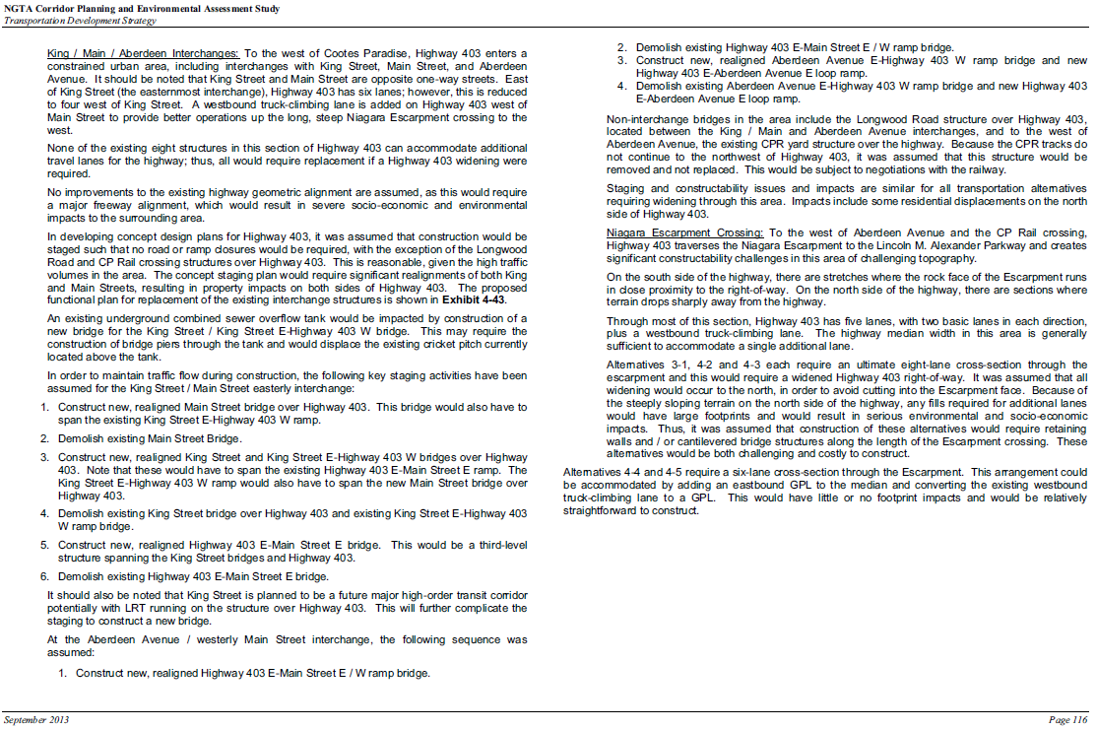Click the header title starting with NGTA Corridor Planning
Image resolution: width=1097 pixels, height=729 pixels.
140,8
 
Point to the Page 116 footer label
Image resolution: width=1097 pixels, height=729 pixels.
1068,720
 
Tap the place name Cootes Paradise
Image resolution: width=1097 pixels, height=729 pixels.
353,52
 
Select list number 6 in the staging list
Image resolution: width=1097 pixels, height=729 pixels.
43,576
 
